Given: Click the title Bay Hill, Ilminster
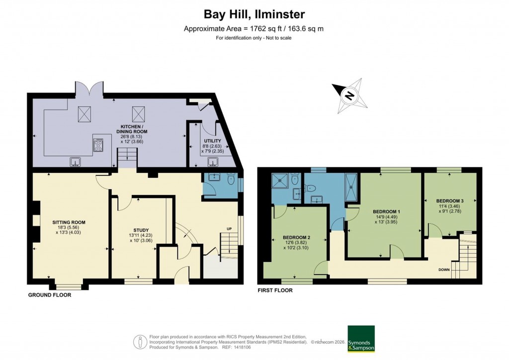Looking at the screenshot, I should coord(254,14).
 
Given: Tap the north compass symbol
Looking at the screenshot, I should coord(350,95).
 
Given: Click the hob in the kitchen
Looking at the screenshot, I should coord(98,145).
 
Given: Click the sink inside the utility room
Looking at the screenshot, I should coord(213,161).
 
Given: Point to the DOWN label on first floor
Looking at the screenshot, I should coord(444,270).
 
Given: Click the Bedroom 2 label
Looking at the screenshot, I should coord(296,237).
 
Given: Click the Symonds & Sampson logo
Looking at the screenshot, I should coord(361,339).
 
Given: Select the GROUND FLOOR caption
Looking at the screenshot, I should coord(49,295).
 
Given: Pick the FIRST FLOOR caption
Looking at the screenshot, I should coord(274,290).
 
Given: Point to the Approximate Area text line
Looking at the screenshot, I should coord(254,28).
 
